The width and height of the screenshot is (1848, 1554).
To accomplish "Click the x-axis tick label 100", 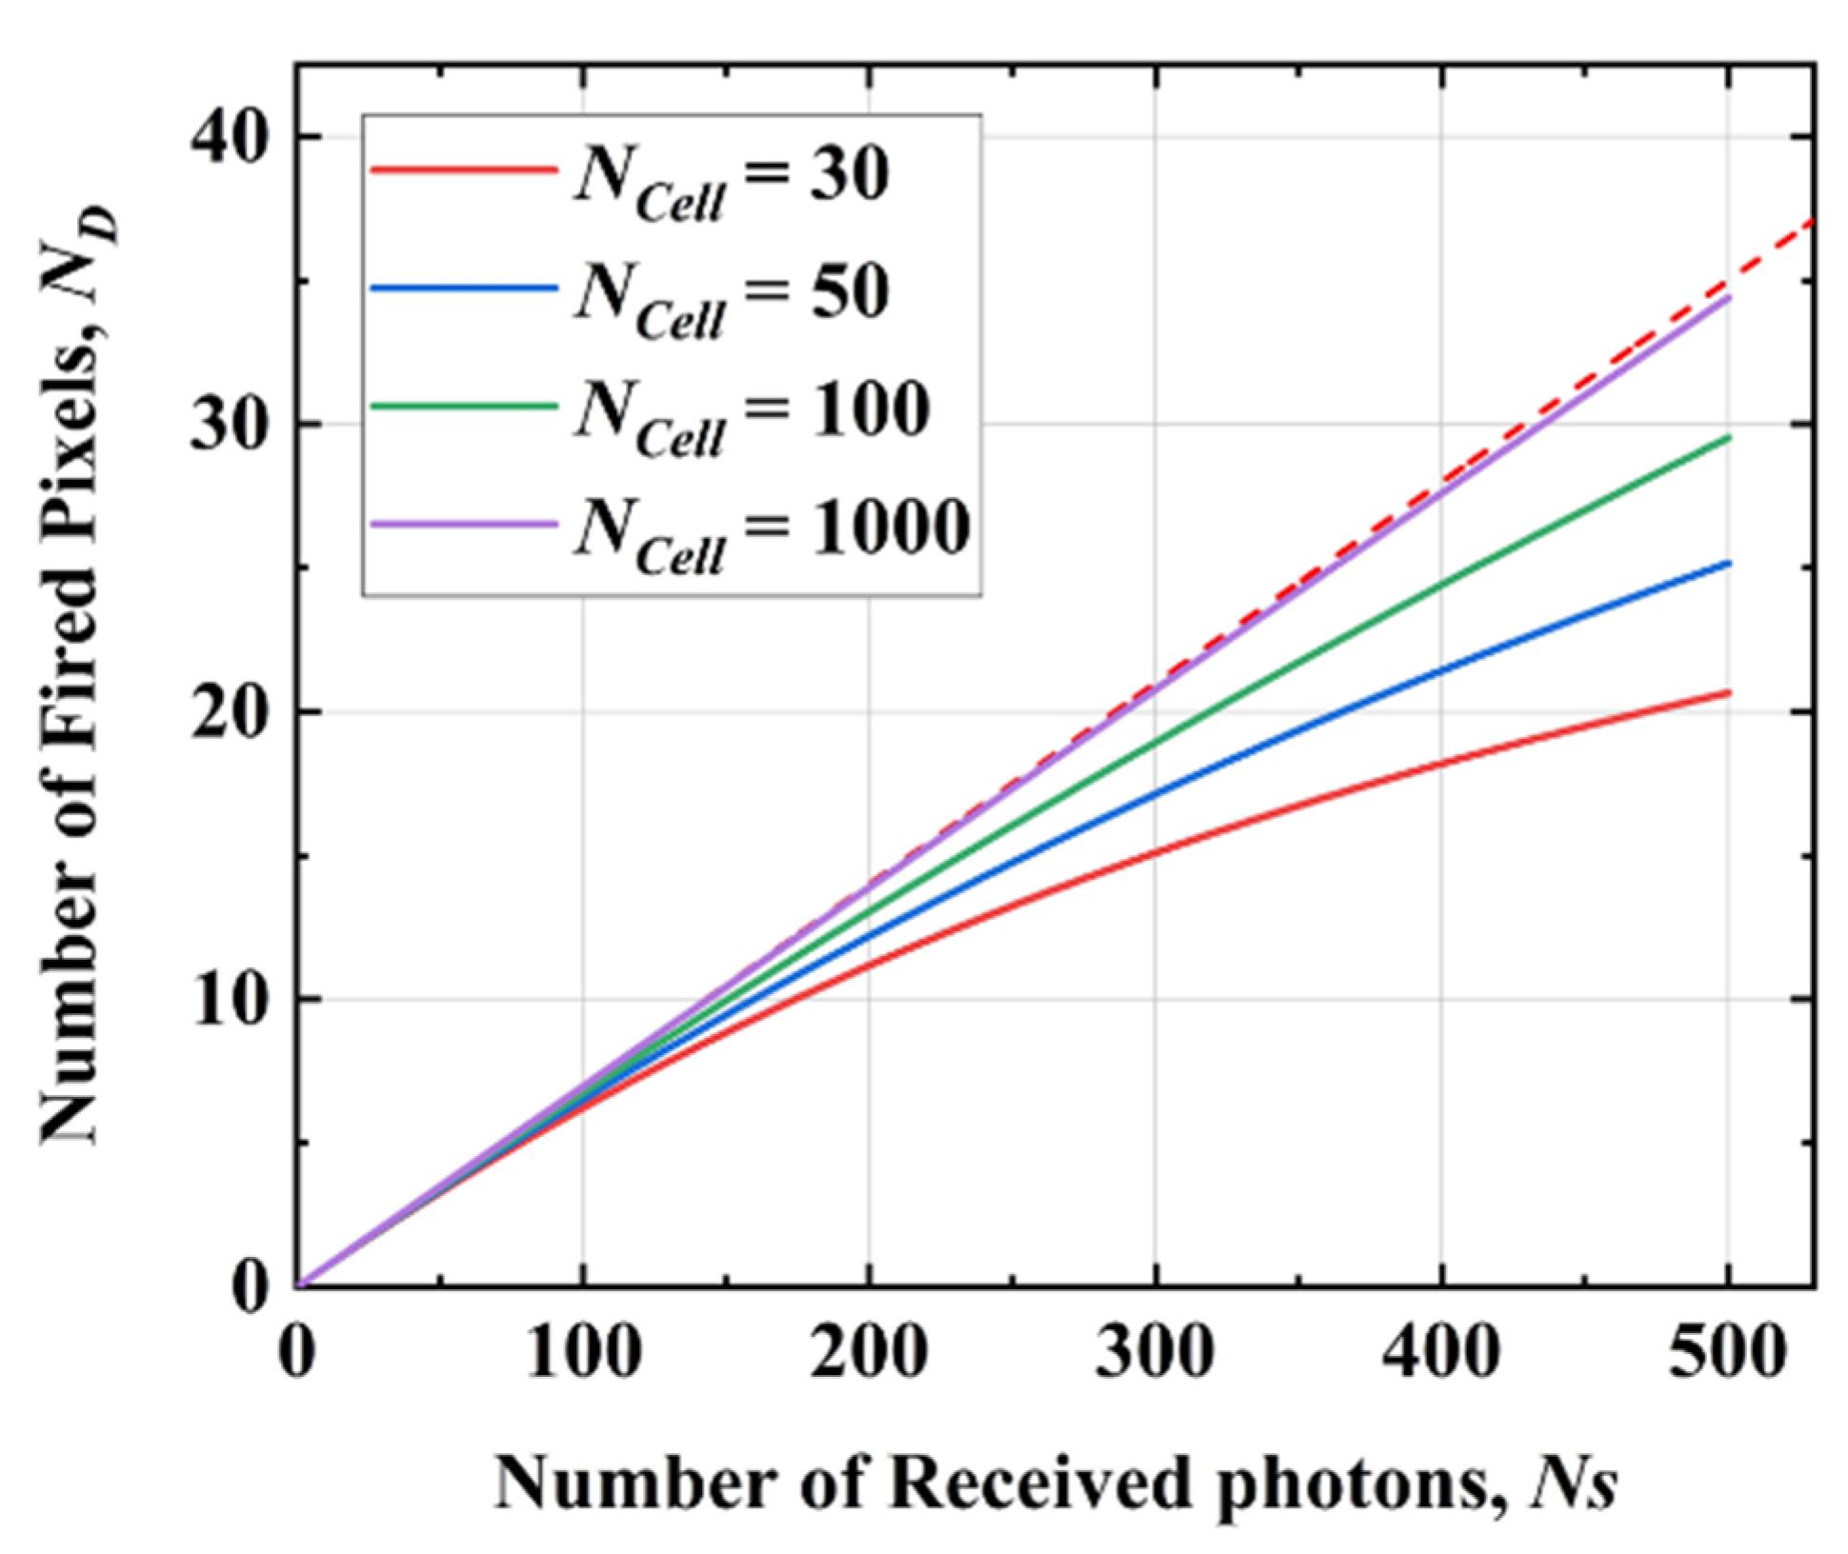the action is [x=583, y=1352].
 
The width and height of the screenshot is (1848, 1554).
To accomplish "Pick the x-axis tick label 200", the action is [x=869, y=1352].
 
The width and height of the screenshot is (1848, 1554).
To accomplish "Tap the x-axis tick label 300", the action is [x=1155, y=1352].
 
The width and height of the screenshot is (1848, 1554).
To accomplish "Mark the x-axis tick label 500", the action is [x=1726, y=1352].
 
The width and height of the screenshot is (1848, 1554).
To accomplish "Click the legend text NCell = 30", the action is [x=732, y=181].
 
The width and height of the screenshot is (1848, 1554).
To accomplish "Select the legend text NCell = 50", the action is [x=732, y=298].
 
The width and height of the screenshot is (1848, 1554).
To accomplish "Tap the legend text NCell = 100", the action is [x=752, y=416].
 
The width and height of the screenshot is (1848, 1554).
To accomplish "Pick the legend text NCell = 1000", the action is [x=772, y=533].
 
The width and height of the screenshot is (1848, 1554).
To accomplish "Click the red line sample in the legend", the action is [x=464, y=169].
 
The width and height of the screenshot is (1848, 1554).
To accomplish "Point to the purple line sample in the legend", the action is [x=464, y=523].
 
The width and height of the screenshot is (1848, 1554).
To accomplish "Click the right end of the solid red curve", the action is [x=1728, y=692].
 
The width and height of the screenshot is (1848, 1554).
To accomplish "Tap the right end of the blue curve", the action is [x=1728, y=564].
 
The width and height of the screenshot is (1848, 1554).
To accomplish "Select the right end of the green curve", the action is [x=1728, y=437].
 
